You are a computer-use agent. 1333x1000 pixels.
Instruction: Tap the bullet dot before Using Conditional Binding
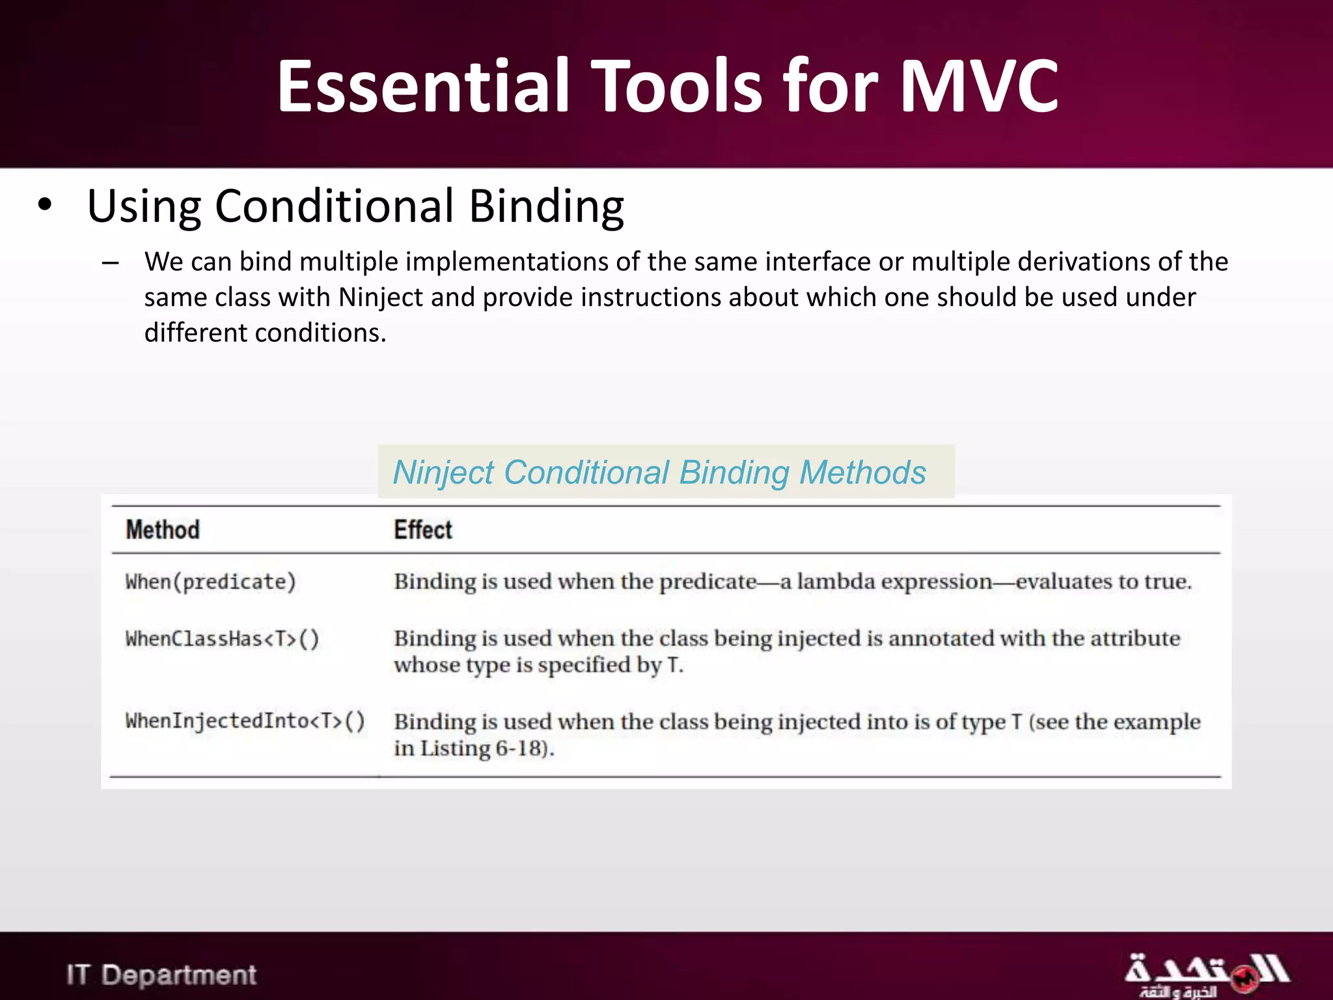[44, 205]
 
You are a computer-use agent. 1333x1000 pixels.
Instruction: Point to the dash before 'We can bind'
[110, 263]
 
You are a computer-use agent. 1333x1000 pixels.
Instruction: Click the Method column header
[163, 530]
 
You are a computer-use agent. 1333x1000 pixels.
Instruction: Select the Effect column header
[422, 530]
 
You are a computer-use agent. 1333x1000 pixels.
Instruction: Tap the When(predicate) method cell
[210, 581]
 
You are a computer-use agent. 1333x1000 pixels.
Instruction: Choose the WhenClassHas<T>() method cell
[222, 639]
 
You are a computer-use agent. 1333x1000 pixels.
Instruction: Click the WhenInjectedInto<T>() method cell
[245, 721]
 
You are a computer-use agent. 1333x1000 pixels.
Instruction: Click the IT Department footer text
[161, 975]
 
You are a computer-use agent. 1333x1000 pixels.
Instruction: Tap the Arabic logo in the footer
[1205, 975]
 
